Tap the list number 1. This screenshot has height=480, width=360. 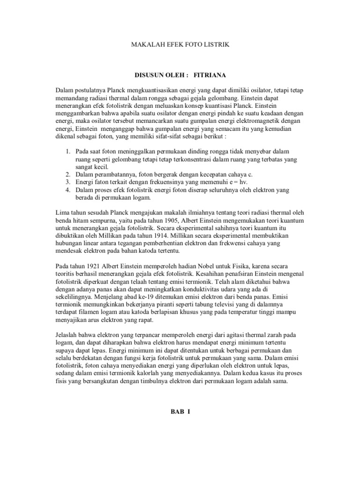tap(67, 151)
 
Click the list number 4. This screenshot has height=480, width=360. tap(67, 190)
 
